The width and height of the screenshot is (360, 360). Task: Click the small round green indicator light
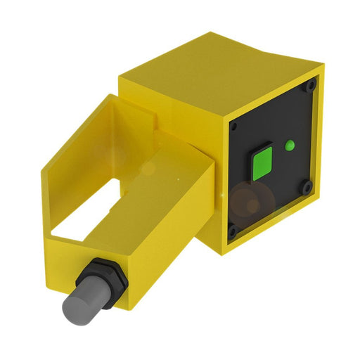point(288,146)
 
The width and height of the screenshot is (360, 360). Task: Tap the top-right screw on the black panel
point(311,86)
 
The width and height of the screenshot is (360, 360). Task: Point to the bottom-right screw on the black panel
point(307,186)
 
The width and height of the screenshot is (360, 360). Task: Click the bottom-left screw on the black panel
point(232,229)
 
